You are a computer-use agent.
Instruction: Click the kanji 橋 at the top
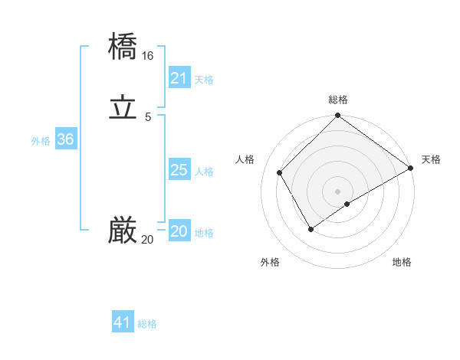123,46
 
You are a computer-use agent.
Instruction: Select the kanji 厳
123,230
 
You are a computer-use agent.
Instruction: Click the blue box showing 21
179,78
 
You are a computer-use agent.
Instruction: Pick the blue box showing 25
179,170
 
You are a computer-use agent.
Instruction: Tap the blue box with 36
65,139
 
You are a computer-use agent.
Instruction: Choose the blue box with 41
123,322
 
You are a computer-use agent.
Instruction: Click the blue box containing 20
179,231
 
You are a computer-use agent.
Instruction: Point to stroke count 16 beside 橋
147,56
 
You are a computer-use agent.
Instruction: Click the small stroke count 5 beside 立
147,117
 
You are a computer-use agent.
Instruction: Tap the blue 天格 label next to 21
204,80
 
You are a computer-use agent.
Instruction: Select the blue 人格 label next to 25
204,172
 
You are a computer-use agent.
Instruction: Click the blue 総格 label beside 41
147,324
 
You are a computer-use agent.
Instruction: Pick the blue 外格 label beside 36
41,141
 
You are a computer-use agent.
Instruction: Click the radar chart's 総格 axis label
337,100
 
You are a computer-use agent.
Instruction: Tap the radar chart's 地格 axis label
402,262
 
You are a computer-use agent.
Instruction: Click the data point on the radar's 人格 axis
280,172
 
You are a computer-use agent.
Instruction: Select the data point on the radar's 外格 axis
310,228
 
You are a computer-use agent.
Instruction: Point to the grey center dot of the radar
337,191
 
